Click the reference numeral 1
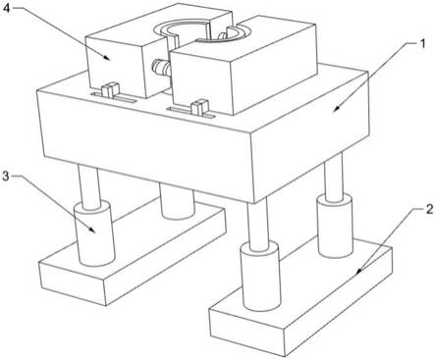(422, 43)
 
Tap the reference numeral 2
(429, 210)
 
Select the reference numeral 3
(6, 177)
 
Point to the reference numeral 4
(7, 9)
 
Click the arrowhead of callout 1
(336, 110)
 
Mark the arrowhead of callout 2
(358, 271)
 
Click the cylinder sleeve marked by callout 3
(94, 233)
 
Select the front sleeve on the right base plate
(260, 278)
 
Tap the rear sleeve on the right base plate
(334, 225)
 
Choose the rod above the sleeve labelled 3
(88, 186)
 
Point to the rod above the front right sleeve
(258, 224)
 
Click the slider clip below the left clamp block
(110, 89)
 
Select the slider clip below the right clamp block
(199, 107)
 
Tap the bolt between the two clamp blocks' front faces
(161, 68)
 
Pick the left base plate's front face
(72, 283)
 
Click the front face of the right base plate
(245, 327)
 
